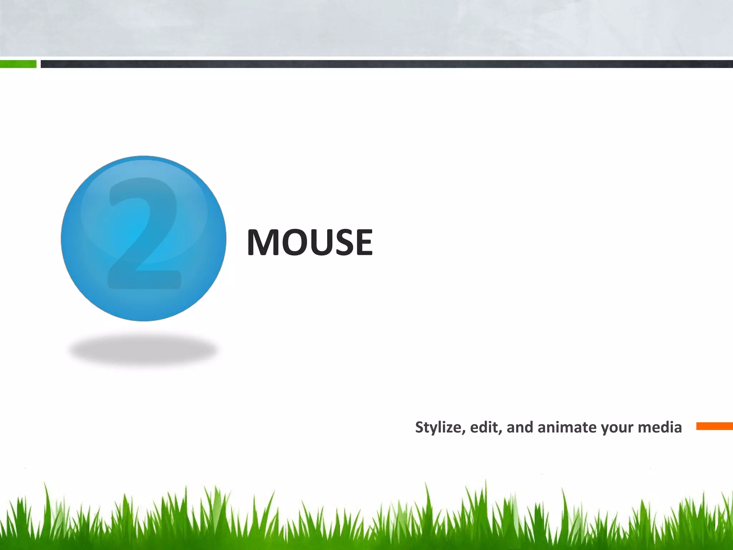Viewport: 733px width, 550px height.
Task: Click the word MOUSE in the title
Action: tap(310, 242)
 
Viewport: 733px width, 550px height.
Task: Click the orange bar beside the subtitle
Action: tap(714, 426)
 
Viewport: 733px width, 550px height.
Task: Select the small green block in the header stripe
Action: tap(18, 64)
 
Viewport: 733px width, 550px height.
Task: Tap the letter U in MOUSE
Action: tap(322, 242)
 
